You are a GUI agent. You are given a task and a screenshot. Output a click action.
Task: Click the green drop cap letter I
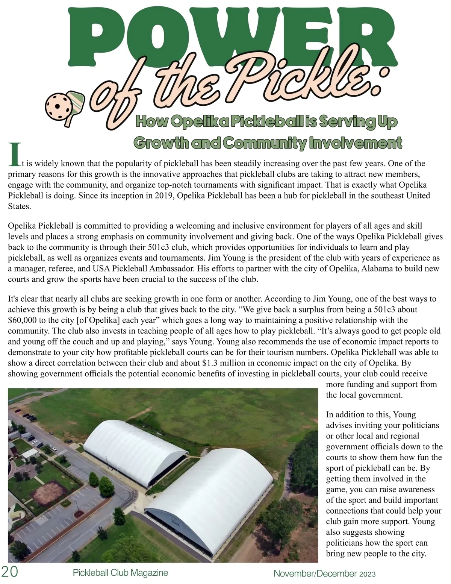(14, 155)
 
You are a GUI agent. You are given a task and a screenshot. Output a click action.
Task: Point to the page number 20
(9, 572)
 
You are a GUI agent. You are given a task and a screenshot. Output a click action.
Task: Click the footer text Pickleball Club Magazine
(120, 573)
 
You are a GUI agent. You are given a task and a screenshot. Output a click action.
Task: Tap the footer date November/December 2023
(324, 574)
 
